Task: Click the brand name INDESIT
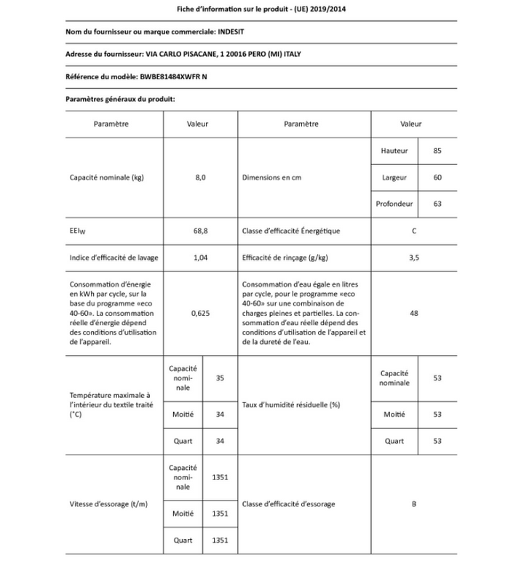[x=233, y=33]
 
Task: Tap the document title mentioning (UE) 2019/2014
[x=261, y=9]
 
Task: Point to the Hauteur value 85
[x=437, y=151]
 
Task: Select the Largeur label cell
[x=394, y=178]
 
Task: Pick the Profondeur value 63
[x=437, y=204]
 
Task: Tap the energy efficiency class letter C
[x=414, y=231]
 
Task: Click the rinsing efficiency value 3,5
[x=414, y=258]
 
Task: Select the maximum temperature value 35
[x=220, y=378]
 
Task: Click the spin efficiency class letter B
[x=414, y=503]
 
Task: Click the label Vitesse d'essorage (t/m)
[x=104, y=503]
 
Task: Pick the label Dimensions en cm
[x=271, y=178]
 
